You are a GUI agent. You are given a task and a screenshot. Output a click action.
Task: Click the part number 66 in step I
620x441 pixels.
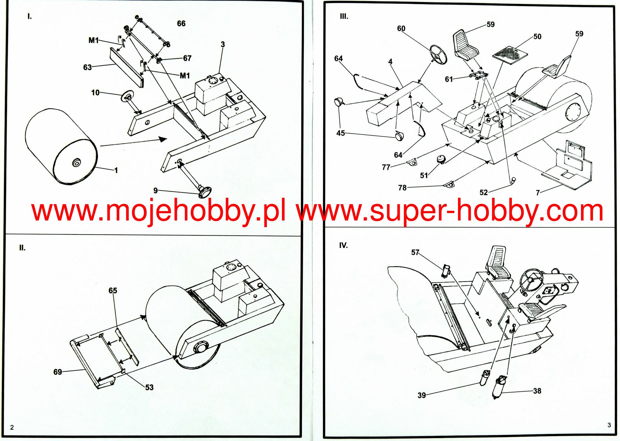(181, 24)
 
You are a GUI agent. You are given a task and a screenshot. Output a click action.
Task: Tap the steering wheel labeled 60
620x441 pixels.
(438, 55)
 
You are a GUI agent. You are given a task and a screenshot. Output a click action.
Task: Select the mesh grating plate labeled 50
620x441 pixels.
(510, 55)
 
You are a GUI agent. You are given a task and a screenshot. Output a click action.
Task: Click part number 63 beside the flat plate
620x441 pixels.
(87, 67)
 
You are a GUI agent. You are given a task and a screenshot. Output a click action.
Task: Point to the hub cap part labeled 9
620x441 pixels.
(205, 192)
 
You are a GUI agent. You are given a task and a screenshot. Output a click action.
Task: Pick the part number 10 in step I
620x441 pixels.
(95, 93)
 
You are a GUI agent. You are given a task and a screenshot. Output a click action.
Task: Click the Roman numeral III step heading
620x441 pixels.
(344, 17)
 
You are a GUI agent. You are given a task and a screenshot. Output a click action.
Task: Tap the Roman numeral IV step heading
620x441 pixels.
(343, 245)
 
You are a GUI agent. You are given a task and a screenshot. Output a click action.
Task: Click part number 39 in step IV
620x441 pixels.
(422, 395)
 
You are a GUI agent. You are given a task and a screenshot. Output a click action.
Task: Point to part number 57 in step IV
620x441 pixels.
(415, 252)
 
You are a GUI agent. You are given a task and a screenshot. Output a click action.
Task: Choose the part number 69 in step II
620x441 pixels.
(58, 372)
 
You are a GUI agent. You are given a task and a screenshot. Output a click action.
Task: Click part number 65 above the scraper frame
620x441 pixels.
(113, 290)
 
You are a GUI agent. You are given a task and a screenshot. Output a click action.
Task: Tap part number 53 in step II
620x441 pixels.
(149, 387)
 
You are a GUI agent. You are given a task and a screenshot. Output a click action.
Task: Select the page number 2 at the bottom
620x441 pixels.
(12, 427)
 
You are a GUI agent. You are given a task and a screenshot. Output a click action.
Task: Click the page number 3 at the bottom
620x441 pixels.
(609, 425)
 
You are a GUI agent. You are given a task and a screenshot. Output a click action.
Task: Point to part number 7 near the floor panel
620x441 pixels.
(538, 193)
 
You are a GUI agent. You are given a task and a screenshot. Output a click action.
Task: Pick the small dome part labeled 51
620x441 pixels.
(441, 159)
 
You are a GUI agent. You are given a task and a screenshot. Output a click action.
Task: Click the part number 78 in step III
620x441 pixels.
(402, 188)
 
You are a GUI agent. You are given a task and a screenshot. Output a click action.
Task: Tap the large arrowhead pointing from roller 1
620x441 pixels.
(163, 139)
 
